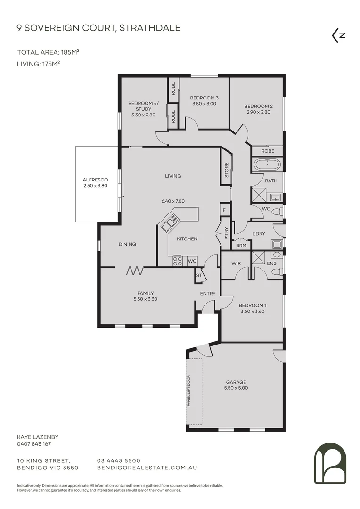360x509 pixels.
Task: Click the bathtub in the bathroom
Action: [x=267, y=165]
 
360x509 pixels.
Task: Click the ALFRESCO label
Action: [x=96, y=180]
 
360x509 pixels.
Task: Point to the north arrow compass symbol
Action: [x=339, y=36]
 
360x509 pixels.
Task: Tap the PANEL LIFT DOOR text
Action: [x=188, y=391]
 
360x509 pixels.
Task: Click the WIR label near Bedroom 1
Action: [x=237, y=263]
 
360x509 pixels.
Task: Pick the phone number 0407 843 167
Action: [x=34, y=444]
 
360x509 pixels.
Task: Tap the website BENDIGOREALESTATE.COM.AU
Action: [x=146, y=468]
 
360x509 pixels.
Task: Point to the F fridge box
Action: [x=224, y=209]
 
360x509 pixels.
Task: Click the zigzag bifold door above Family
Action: [x=136, y=271]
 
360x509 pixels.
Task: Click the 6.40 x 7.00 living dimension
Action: [x=173, y=201]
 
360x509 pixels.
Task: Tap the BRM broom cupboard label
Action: [x=241, y=246]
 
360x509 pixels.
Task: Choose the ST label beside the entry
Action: [x=199, y=276]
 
